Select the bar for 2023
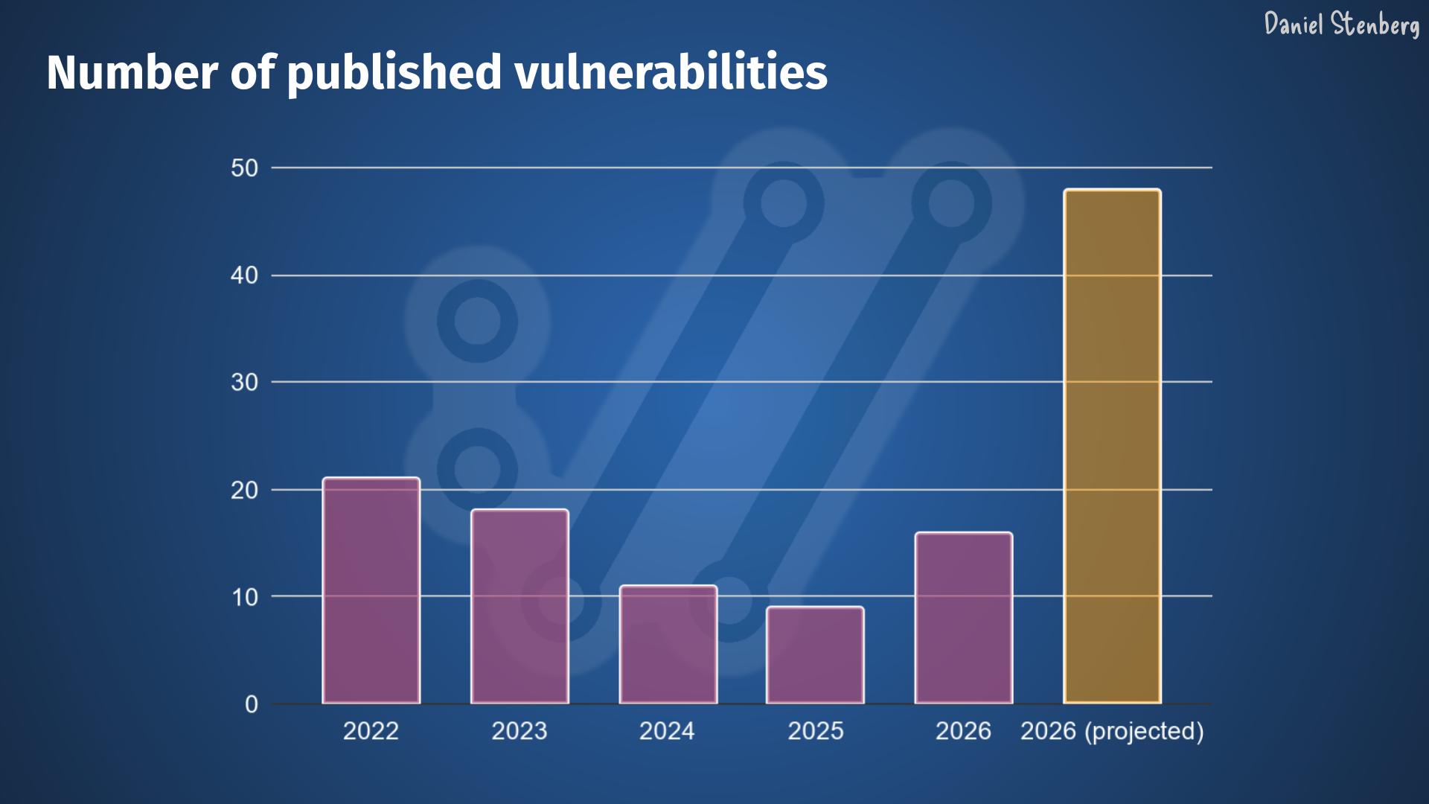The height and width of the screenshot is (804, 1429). click(520, 606)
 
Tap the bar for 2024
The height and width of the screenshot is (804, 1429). click(668, 645)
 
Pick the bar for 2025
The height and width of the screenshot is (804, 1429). click(815, 655)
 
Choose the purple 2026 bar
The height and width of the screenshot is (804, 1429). click(963, 618)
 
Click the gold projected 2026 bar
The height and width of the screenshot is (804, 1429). click(1112, 447)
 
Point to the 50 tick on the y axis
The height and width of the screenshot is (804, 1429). click(244, 168)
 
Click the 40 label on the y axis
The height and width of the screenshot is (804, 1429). click(244, 275)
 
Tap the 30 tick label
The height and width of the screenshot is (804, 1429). click(244, 383)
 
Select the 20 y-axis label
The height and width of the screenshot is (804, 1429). click(244, 490)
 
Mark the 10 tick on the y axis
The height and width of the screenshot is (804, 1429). click(244, 597)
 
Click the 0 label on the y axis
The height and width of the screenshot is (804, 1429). click(252, 704)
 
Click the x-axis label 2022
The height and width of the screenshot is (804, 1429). click(371, 731)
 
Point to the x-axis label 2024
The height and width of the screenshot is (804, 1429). click(667, 731)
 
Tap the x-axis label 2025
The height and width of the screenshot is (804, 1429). click(816, 731)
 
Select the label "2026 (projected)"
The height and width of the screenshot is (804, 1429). click(1112, 731)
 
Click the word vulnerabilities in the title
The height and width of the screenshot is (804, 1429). click(671, 72)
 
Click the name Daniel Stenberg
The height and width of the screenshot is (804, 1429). click(1341, 25)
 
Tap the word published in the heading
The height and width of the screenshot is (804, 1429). click(394, 72)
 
